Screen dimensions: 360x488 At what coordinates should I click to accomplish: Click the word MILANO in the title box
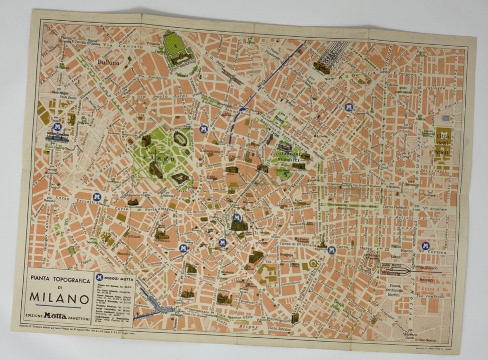point(59,299)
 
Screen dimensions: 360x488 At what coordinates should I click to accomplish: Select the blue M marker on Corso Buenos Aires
point(349,108)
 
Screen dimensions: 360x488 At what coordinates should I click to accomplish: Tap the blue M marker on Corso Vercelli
point(97,197)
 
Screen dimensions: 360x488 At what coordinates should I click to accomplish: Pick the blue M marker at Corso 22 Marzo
point(331,250)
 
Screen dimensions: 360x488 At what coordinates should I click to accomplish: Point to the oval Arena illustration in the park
point(181,138)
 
